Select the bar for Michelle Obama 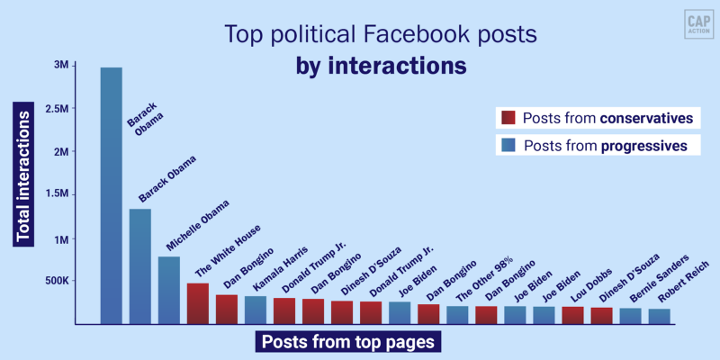168,290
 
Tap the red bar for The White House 198,303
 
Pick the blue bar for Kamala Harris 256,309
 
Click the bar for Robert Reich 659,316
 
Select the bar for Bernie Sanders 630,316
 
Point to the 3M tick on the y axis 62,66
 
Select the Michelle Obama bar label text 197,225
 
